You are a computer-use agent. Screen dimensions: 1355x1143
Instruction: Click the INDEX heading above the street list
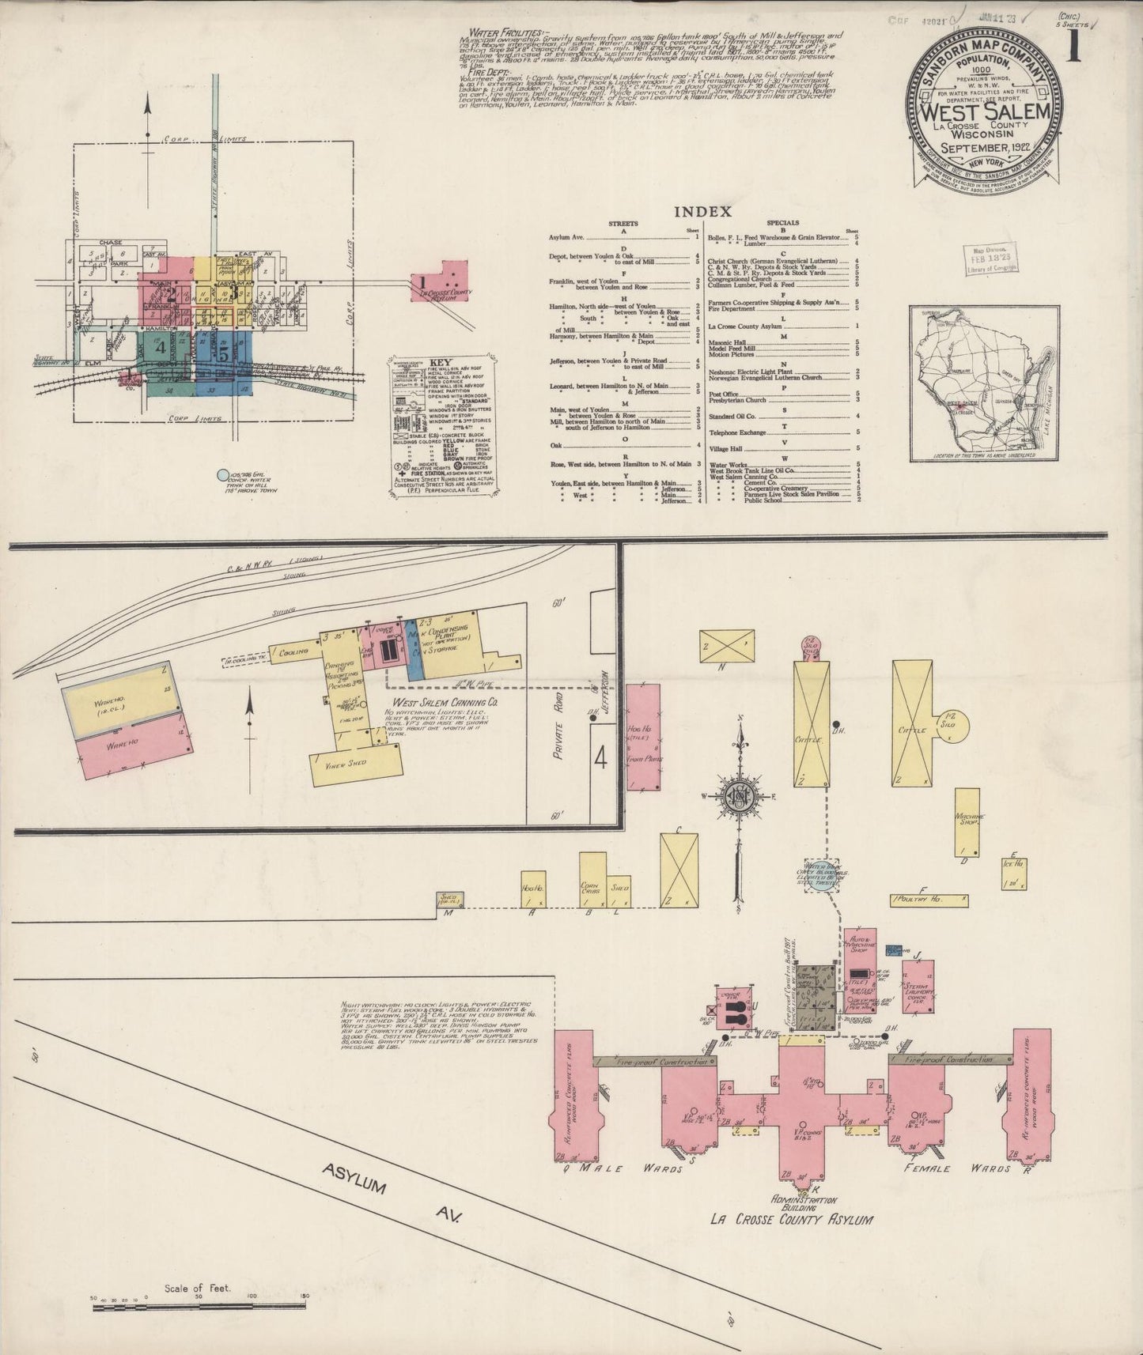(702, 212)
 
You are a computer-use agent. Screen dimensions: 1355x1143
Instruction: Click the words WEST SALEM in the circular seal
(984, 111)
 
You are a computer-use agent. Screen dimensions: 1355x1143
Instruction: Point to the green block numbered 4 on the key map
(161, 347)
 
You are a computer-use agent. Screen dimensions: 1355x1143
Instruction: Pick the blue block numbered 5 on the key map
(225, 355)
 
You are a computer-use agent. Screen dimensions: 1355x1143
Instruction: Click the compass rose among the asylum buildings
(736, 797)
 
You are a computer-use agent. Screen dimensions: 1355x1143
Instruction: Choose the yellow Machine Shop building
(966, 821)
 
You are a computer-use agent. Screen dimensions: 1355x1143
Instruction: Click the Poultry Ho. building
(929, 899)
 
